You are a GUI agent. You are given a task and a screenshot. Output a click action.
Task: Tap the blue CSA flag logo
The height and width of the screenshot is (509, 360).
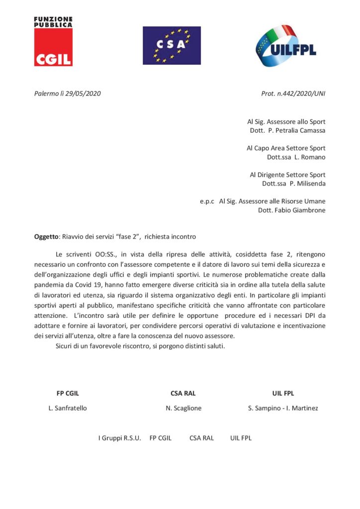[x=172, y=45]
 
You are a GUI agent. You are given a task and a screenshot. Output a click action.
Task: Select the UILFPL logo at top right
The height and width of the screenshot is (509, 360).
[x=285, y=46]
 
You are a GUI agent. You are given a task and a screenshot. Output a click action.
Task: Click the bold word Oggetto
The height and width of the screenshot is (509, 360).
[x=46, y=237]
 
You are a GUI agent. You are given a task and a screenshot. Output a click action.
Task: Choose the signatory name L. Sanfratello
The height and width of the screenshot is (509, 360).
[x=68, y=408]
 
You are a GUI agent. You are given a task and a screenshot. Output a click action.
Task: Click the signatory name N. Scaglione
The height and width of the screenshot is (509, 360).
[x=183, y=408]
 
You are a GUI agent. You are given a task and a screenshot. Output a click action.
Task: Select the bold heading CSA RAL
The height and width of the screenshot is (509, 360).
[x=183, y=393]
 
